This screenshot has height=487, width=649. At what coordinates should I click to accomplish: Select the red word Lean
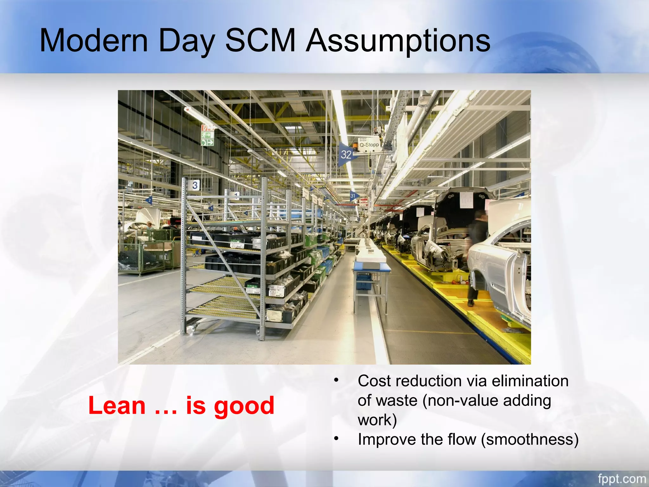click(117, 406)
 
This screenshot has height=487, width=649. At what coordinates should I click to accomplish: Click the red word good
click(244, 406)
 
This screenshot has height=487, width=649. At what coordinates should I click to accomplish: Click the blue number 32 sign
click(346, 155)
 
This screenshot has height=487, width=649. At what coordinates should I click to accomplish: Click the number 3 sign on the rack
click(195, 185)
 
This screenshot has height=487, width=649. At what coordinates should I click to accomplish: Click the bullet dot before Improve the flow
click(337, 439)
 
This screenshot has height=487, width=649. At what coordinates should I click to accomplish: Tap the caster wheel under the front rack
click(193, 330)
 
